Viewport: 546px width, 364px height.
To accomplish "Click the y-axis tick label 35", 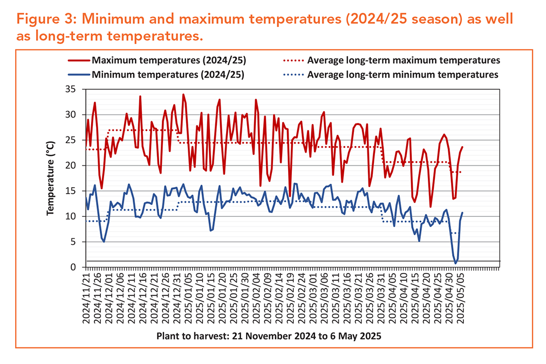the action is [70, 90].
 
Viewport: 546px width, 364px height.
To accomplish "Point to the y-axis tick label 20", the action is [70, 166].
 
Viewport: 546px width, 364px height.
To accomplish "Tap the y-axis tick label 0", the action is [73, 267].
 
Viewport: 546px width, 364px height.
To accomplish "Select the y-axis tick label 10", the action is [70, 216].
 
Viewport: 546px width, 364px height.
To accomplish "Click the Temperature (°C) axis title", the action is [51, 178].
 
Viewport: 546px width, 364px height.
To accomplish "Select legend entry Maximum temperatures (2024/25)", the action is [157, 60].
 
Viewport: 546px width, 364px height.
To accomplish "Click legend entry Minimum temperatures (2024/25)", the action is [156, 74].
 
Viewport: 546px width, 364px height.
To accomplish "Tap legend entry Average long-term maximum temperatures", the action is [392, 60].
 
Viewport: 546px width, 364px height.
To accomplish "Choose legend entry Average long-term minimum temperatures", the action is [391, 74].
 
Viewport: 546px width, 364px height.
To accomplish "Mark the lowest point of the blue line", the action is [455, 264].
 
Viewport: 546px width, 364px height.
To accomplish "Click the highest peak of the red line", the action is [183, 94].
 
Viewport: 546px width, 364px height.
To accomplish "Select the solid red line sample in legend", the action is [79, 60].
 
